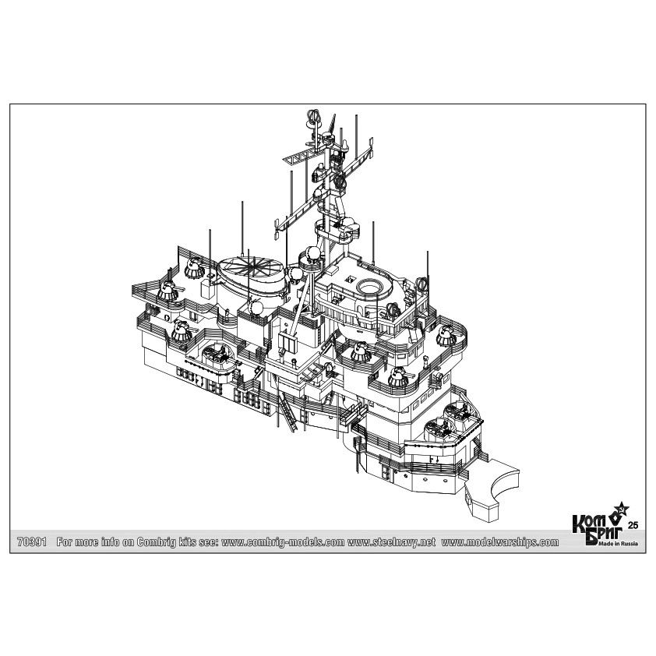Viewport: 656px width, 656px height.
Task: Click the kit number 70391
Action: [32, 541]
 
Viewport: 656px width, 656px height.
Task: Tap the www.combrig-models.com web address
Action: [283, 542]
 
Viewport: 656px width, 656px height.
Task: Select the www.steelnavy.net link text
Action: [391, 542]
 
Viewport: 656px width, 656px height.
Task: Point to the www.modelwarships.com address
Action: [500, 542]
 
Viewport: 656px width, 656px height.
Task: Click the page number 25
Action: [633, 525]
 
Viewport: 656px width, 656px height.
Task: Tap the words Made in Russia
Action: [618, 544]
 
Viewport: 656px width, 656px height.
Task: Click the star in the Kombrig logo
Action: [620, 510]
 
